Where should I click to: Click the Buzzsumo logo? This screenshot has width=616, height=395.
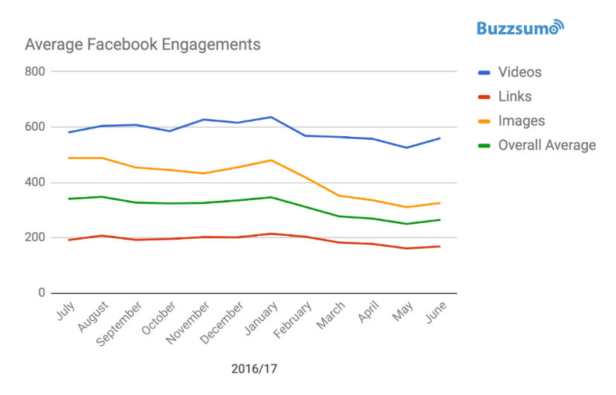pos(520,28)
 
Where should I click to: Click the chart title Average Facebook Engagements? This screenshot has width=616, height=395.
pos(143,45)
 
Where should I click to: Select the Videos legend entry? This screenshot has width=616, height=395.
pos(519,72)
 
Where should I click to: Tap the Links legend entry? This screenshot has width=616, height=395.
pos(514,97)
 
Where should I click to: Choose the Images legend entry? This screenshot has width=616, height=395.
pos(521,121)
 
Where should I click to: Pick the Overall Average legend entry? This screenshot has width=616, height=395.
pos(547,145)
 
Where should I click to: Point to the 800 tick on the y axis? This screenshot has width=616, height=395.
pos(35,71)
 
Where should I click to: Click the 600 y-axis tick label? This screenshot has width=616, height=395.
pos(35,127)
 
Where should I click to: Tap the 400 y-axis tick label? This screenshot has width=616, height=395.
pos(35,182)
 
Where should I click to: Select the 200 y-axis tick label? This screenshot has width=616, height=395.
pos(35,238)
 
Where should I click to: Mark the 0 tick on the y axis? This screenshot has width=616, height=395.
pos(41,293)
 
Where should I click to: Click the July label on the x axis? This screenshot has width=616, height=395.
pos(66,310)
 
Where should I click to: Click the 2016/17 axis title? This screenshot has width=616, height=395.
pos(253,368)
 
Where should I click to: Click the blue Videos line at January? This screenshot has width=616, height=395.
pos(271,117)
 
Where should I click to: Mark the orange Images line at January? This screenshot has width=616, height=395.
pos(271,160)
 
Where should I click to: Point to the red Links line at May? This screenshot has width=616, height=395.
pos(406,248)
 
